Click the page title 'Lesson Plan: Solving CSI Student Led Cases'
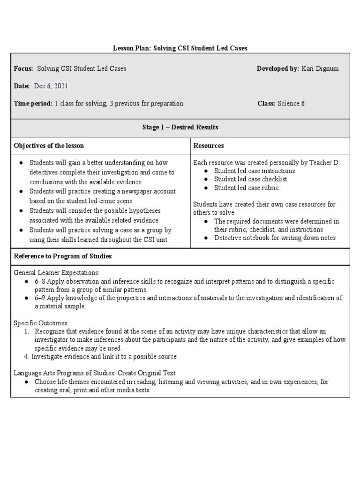pos(180,48)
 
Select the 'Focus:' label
pos(23,69)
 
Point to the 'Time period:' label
pos(33,104)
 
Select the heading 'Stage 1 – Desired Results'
pos(180,127)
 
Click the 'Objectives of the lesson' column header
pos(49,146)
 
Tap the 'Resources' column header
pos(209,146)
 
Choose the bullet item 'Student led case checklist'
pos(250,179)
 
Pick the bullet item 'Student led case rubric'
pos(246,188)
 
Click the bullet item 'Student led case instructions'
pos(255,171)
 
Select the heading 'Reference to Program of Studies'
pos(62,256)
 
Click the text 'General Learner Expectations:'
pos(56,272)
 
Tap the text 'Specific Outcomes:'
pos(41,323)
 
